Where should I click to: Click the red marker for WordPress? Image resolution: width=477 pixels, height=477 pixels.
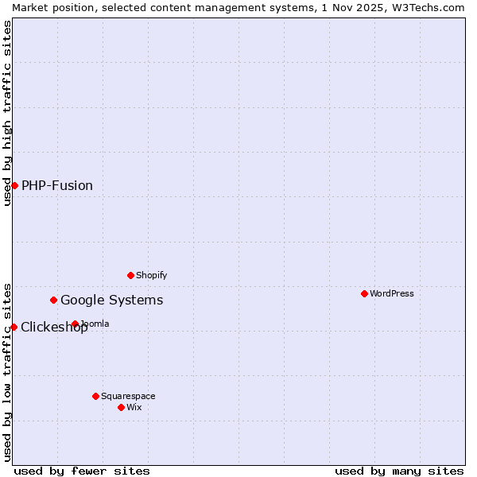(x=364, y=293)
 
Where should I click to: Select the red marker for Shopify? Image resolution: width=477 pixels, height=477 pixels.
(x=130, y=275)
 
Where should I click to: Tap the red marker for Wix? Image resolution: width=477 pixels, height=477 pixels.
(x=121, y=407)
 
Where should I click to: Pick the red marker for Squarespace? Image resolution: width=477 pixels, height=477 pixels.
(x=95, y=396)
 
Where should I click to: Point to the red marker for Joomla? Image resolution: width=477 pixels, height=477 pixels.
(x=75, y=324)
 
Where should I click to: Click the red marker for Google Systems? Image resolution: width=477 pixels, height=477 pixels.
(x=53, y=300)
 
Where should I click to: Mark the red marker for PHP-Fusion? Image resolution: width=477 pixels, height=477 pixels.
(x=14, y=185)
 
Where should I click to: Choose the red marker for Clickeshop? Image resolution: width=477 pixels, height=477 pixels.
(x=14, y=327)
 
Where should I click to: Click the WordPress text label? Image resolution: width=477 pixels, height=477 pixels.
(x=392, y=293)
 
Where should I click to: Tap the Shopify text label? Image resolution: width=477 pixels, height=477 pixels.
(x=151, y=275)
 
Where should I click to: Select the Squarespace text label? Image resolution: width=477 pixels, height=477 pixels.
(x=128, y=396)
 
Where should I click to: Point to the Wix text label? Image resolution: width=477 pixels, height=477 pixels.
(x=134, y=407)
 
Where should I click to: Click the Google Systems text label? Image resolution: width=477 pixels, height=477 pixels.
(x=112, y=300)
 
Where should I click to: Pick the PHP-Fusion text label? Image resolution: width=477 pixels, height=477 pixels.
(x=57, y=185)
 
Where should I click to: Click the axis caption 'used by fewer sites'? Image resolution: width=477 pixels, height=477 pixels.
(x=82, y=471)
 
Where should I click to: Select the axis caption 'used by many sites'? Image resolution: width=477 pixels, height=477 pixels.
(x=399, y=471)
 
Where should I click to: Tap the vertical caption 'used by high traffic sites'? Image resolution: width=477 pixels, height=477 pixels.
(x=7, y=113)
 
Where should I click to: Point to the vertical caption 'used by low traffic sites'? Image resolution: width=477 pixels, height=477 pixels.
(x=7, y=372)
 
